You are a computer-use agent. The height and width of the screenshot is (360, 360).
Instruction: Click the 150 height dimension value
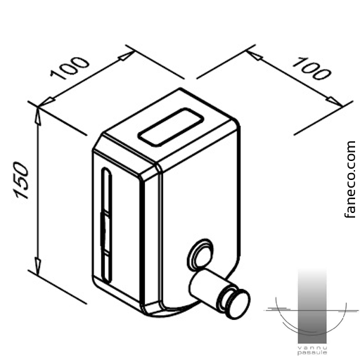click(x=21, y=180)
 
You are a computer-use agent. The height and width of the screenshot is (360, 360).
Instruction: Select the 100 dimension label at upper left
click(x=70, y=68)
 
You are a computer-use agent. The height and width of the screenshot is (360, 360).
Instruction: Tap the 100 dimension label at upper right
click(x=311, y=68)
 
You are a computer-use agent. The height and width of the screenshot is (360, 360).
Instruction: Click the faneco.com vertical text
click(x=350, y=179)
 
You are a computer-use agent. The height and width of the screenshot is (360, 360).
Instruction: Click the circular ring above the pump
click(x=200, y=255)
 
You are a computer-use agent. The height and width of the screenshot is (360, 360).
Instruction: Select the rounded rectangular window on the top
click(x=170, y=127)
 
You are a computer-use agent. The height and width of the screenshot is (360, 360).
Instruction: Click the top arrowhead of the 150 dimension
click(x=38, y=116)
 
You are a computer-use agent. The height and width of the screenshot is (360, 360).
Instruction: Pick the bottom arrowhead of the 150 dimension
click(x=37, y=265)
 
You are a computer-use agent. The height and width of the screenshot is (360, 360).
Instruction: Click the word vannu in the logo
click(x=312, y=348)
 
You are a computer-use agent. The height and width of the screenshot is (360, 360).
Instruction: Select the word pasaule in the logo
click(x=312, y=353)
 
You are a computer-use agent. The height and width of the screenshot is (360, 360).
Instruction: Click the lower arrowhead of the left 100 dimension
click(x=47, y=103)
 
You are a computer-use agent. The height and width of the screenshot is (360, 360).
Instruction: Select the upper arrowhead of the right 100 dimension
click(x=254, y=56)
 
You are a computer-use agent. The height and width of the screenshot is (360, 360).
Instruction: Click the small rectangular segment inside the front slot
click(x=105, y=233)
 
